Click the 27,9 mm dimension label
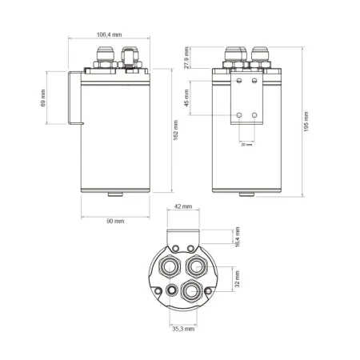(x=187, y=58)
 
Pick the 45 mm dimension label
(x=187, y=98)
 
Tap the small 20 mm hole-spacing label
(x=246, y=145)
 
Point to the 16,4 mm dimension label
(x=238, y=238)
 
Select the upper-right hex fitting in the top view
(x=194, y=262)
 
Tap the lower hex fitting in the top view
(x=190, y=290)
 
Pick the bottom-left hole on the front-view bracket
(x=238, y=116)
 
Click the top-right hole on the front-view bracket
(x=254, y=81)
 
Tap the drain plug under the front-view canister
(x=246, y=194)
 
